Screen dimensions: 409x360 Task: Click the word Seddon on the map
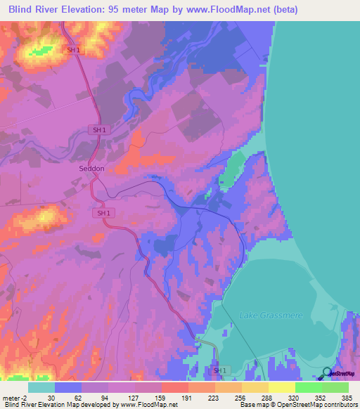pyautogui.click(x=92, y=169)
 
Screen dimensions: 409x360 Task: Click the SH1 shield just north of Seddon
pyautogui.click(x=100, y=130)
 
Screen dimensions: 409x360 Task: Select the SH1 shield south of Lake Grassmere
pyautogui.click(x=221, y=370)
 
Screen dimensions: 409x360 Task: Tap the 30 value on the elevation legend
pyautogui.click(x=51, y=397)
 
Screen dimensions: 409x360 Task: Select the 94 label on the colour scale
pyautogui.click(x=105, y=397)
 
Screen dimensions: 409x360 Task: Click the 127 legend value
pyautogui.click(x=132, y=397)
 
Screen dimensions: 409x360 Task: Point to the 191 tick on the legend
pyautogui.click(x=186, y=397)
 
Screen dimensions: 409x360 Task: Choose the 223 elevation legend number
pyautogui.click(x=213, y=397)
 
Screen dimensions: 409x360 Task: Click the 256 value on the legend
pyautogui.click(x=240, y=397)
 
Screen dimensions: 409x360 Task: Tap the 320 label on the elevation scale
pyautogui.click(x=294, y=397)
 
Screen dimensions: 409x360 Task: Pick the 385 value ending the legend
pyautogui.click(x=348, y=397)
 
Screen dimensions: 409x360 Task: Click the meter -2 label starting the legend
pyautogui.click(x=14, y=397)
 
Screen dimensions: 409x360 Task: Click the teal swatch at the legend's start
pyautogui.click(x=41, y=387)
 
